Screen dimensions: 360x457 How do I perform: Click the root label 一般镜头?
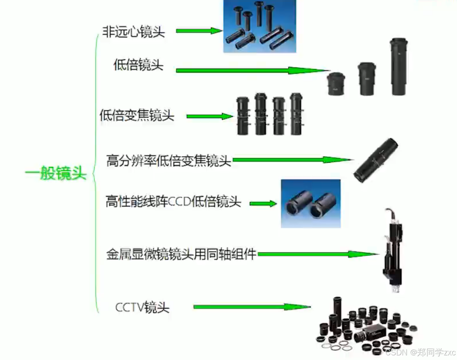click(56, 173)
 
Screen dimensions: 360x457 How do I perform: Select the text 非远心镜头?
click(134, 32)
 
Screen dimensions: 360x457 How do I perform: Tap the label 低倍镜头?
click(138, 65)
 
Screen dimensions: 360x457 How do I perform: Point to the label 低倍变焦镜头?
click(137, 115)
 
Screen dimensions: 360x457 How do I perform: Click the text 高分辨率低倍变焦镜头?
click(169, 160)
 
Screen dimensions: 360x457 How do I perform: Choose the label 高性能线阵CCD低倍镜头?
click(173, 202)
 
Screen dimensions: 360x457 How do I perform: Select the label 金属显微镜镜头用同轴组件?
click(181, 254)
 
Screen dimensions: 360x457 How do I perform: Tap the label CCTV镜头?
click(142, 307)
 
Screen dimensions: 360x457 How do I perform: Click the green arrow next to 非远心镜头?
click(199, 31)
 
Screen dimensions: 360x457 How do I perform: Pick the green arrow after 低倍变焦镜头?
click(209, 116)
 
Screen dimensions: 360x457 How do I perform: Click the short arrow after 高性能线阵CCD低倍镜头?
click(263, 203)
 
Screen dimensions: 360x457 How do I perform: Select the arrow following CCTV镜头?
click(252, 307)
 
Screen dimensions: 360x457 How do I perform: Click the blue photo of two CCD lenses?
click(310, 203)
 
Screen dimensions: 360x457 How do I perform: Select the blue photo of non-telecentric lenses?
click(259, 26)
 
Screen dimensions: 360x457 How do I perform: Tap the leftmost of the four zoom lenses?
click(243, 116)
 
